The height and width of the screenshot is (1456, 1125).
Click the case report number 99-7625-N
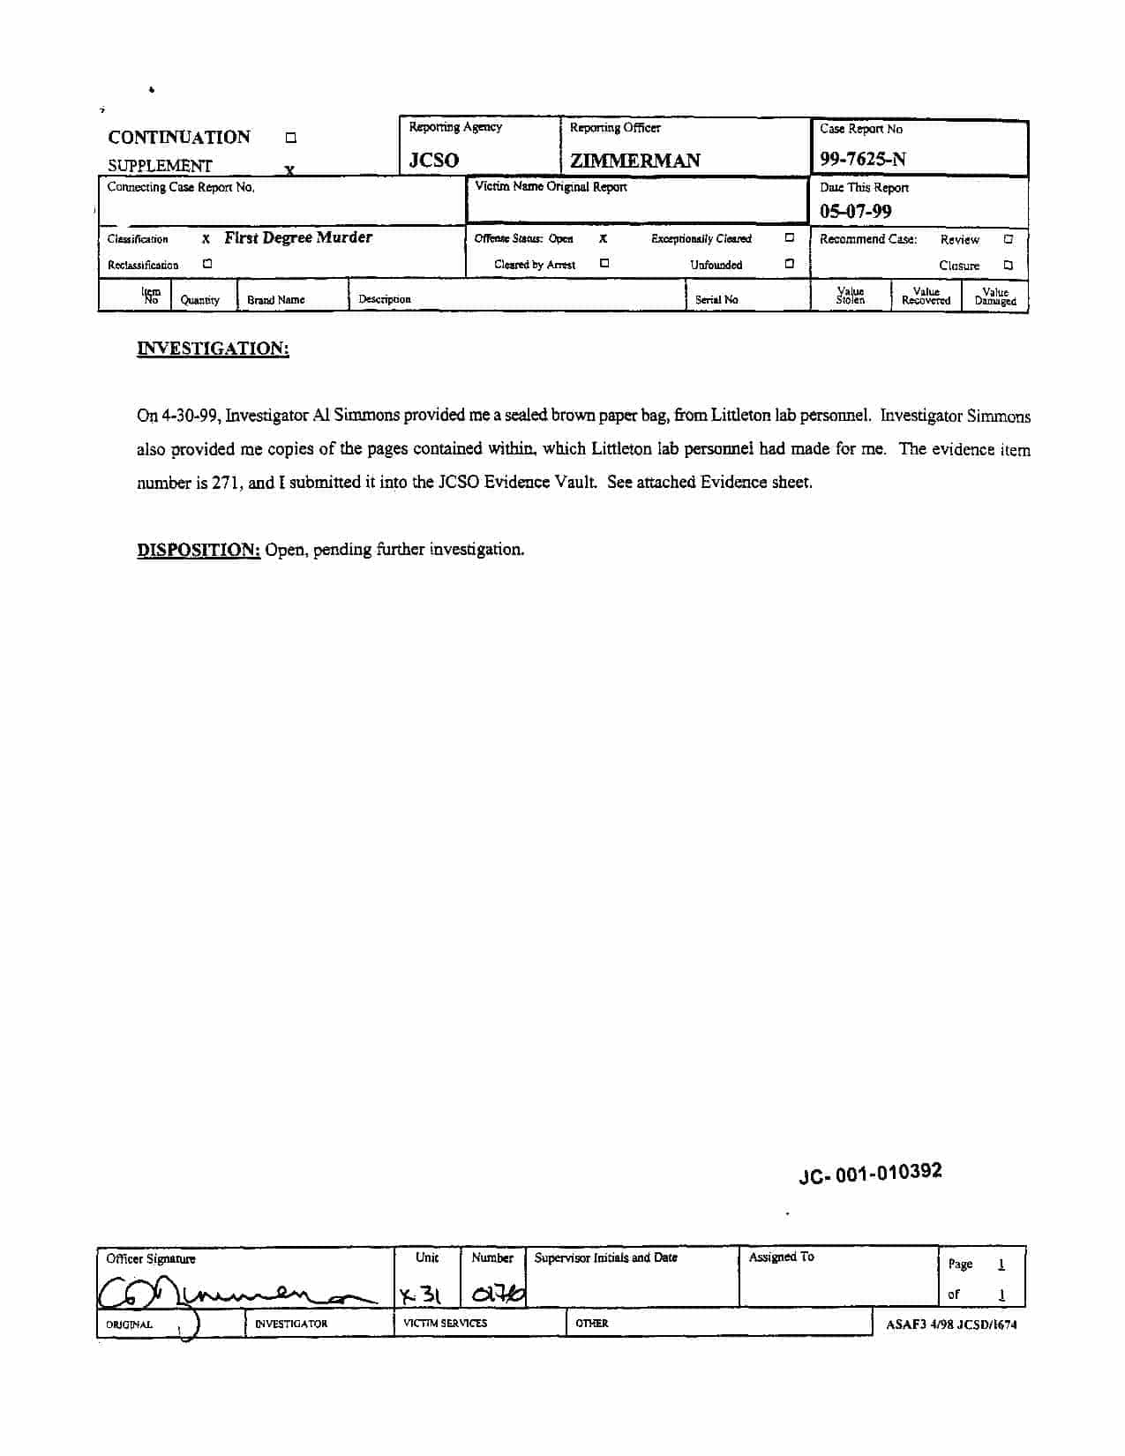[x=862, y=160]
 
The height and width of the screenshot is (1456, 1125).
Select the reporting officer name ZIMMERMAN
[x=634, y=161]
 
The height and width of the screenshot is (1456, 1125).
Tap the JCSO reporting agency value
[x=434, y=161]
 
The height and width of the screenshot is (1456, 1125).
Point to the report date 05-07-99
[x=855, y=212]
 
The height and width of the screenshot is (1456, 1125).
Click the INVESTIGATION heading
[x=213, y=349]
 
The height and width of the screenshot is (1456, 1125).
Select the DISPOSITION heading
[x=199, y=550]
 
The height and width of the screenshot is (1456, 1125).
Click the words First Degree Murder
[x=298, y=237]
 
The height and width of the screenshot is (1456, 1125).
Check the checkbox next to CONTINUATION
[x=290, y=138]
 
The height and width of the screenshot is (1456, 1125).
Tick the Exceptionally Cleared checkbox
[x=790, y=237]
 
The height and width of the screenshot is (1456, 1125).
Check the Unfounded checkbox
[x=790, y=263]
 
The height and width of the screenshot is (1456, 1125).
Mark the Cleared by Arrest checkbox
[x=604, y=263]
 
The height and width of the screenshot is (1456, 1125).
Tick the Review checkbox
[x=1009, y=238]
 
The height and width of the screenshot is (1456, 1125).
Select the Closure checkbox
[x=1009, y=265]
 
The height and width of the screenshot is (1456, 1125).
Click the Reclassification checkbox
[x=207, y=263]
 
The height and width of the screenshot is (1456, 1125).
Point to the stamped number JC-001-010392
[x=870, y=1174]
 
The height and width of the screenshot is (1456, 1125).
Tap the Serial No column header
[x=716, y=300]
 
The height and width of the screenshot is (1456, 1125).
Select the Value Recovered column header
[x=926, y=296]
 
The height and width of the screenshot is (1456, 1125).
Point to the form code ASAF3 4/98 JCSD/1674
[x=951, y=1325]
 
